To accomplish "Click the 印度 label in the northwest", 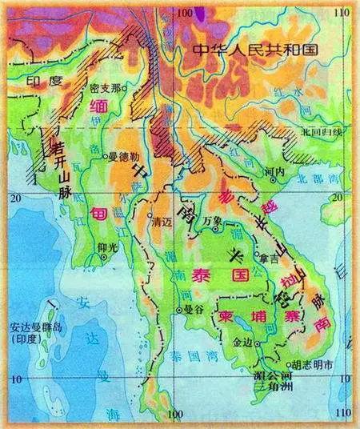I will tap(38, 82).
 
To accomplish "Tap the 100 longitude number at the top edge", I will tap(186, 12).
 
